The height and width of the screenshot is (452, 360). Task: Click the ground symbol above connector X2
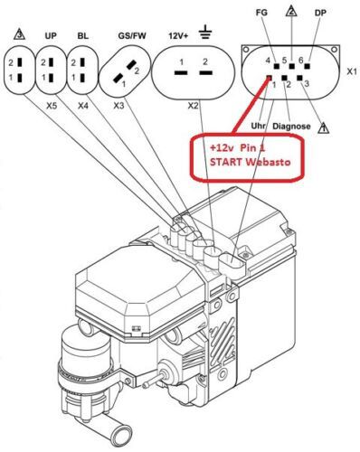tap(205, 33)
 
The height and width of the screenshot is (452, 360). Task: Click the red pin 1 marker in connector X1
tap(269, 78)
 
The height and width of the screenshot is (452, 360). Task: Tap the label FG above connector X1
tap(261, 13)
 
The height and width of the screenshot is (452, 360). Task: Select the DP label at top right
tap(320, 13)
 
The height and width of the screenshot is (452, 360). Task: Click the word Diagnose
tap(291, 127)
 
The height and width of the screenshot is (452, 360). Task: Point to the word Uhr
tap(258, 126)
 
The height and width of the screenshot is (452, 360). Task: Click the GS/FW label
tap(132, 36)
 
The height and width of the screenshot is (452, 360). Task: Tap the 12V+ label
tap(178, 36)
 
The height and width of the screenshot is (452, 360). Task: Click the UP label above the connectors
tap(51, 36)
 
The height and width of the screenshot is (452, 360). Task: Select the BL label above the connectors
tap(83, 36)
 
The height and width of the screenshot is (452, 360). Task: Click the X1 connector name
tap(352, 71)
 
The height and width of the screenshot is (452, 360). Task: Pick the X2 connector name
tap(194, 106)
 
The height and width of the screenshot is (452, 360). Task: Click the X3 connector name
tap(118, 106)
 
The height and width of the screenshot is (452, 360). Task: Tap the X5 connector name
tap(52, 106)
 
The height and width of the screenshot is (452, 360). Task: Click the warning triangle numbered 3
tap(19, 34)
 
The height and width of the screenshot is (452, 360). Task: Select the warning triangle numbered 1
tap(324, 127)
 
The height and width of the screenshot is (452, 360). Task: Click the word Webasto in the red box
tap(268, 162)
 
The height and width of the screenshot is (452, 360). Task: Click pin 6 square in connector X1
tap(308, 66)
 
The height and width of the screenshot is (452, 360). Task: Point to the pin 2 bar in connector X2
tap(205, 72)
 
